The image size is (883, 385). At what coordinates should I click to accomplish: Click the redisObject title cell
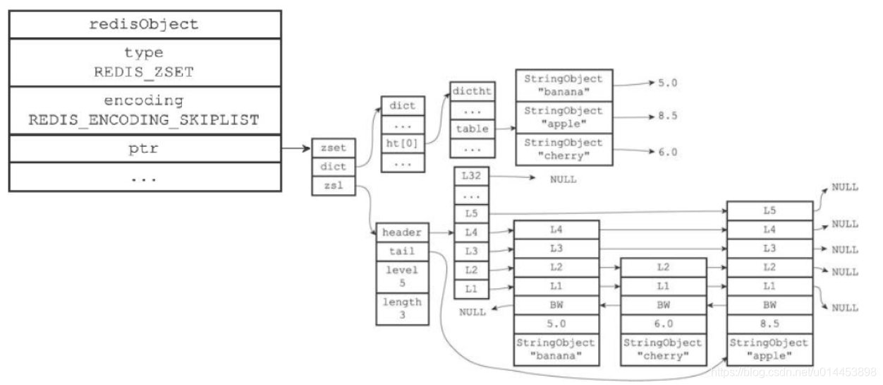145,24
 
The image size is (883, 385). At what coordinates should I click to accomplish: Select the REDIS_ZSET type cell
145,62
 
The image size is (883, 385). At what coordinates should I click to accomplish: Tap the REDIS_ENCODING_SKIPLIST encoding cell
145,110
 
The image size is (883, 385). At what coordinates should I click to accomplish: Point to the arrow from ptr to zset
296,149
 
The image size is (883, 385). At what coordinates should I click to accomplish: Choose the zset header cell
332,149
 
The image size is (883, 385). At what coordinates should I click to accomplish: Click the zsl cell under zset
332,187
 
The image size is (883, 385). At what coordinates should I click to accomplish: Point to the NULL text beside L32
563,179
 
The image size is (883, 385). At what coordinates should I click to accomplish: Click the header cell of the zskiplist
401,232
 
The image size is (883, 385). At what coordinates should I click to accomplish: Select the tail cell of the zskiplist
401,251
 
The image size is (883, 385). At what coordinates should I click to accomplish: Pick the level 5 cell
401,276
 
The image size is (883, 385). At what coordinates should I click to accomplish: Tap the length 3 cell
401,308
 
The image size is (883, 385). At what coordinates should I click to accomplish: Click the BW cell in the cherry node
663,304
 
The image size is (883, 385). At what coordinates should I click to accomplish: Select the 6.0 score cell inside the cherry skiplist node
663,324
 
